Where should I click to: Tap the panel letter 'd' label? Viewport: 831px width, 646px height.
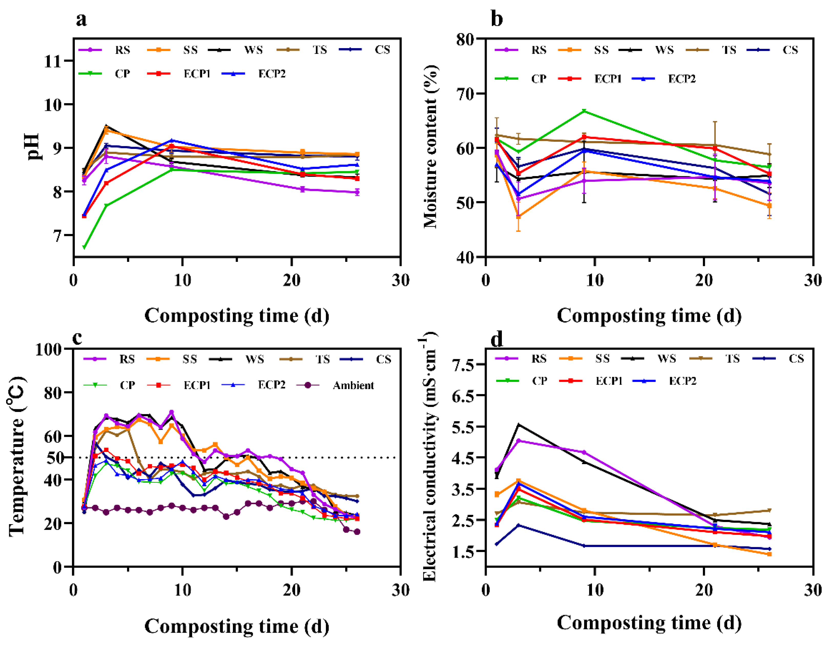496,338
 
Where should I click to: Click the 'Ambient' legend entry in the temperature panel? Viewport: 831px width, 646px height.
353,385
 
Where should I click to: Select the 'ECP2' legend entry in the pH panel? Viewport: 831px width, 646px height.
271,74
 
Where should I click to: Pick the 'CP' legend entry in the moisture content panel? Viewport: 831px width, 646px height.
538,79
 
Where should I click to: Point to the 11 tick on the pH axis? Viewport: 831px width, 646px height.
53,61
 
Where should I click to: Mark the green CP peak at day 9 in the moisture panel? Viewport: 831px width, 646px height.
584,111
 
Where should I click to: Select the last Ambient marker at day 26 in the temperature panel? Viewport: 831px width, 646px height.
357,532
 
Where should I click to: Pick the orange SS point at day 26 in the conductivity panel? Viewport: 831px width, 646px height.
769,554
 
